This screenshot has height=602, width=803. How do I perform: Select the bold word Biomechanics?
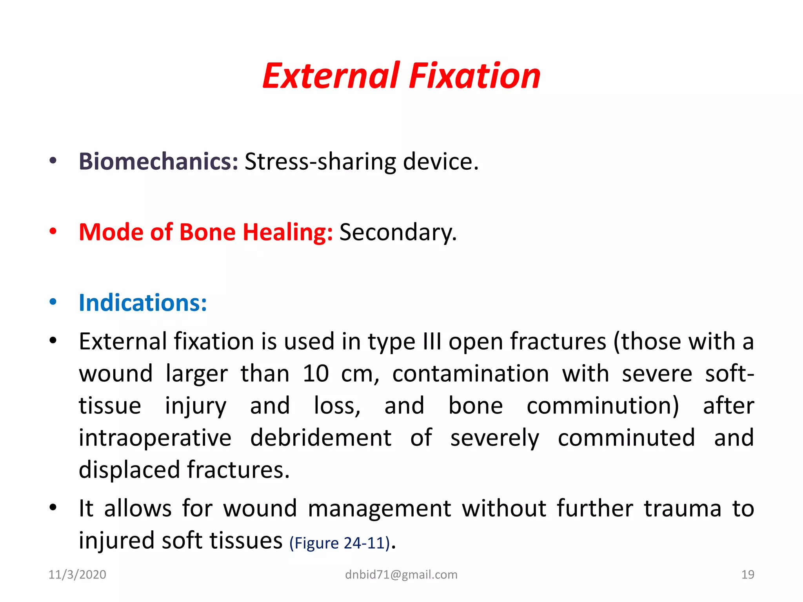(x=158, y=161)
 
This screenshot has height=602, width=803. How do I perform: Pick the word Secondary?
(x=398, y=232)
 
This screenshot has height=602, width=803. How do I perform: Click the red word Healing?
(x=287, y=232)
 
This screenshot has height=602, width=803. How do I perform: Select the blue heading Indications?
(x=143, y=303)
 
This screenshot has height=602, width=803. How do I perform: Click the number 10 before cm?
(x=315, y=374)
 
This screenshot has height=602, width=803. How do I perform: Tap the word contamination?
(x=471, y=374)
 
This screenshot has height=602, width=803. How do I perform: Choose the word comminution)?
(x=603, y=406)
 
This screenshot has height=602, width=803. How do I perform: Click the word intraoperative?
(x=155, y=438)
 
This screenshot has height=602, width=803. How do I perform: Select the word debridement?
(x=321, y=438)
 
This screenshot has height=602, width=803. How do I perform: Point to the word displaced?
(x=129, y=470)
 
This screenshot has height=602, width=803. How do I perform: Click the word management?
(x=379, y=509)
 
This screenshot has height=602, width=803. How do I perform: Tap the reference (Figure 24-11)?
(x=340, y=543)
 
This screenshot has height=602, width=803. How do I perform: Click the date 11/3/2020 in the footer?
(x=77, y=575)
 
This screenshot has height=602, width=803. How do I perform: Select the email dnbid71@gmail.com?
(x=401, y=575)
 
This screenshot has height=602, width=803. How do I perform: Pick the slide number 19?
(x=748, y=575)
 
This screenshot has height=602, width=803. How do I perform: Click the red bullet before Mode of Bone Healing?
(x=53, y=231)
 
